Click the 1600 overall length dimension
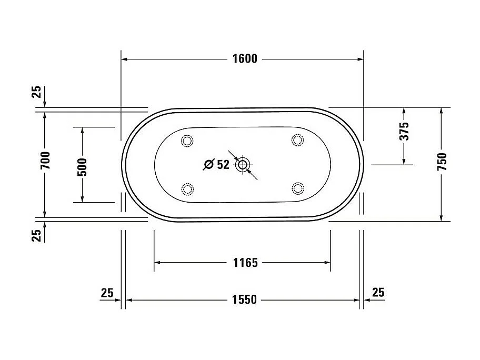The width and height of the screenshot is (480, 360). pyautogui.click(x=245, y=59)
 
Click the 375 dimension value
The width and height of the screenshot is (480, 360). pyautogui.click(x=404, y=132)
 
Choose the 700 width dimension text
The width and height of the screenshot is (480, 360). pyautogui.click(x=45, y=161)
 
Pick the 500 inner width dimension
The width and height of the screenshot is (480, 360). pyautogui.click(x=82, y=167)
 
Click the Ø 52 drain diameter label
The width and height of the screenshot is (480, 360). pyautogui.click(x=217, y=165)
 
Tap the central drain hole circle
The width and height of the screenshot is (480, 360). pyautogui.click(x=242, y=165)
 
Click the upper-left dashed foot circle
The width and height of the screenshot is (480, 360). pyautogui.click(x=187, y=141)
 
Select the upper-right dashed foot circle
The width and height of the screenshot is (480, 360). pyautogui.click(x=297, y=140)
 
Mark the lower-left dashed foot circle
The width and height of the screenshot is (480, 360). pyautogui.click(x=187, y=188)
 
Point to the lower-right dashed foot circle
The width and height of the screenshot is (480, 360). pyautogui.click(x=298, y=188)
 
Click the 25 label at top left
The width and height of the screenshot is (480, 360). pyautogui.click(x=37, y=92)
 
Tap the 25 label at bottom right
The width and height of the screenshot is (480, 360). pyautogui.click(x=378, y=293)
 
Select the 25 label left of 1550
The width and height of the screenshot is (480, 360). pyautogui.click(x=107, y=293)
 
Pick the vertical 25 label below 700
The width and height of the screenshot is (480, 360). pyautogui.click(x=37, y=235)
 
